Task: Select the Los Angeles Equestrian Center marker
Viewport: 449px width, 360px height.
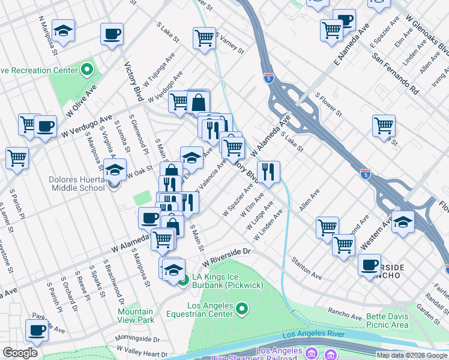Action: click(242, 310)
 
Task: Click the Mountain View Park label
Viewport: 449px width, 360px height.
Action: click(136, 316)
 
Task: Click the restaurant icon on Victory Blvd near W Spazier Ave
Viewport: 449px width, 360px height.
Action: click(268, 171)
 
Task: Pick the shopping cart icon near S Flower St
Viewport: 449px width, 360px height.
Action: click(384, 126)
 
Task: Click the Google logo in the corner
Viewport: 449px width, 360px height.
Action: click(20, 353)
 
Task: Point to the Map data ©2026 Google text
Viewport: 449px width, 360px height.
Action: click(412, 355)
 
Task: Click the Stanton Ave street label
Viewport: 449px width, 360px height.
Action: click(307, 268)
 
